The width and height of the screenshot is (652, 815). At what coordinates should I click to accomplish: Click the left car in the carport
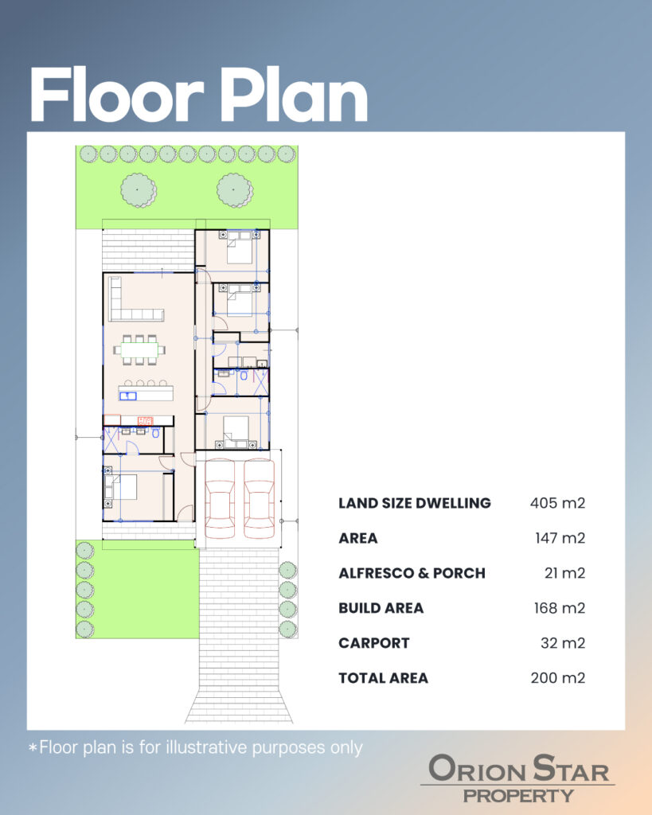[x=220, y=498]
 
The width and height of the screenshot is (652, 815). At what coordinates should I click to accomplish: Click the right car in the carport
[x=259, y=498]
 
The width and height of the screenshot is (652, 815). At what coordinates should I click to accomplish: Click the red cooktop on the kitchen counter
[x=145, y=420]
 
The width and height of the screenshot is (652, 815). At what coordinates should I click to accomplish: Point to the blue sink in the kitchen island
[x=128, y=396]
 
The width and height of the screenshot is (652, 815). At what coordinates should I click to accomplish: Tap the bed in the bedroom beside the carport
[x=236, y=432]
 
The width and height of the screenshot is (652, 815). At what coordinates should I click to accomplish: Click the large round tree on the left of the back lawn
[x=139, y=190]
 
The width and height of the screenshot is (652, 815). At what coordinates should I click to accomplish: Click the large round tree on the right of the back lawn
[x=235, y=190]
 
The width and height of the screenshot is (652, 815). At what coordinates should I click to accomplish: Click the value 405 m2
[x=557, y=503]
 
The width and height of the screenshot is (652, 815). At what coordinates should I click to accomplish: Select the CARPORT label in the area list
[x=374, y=643]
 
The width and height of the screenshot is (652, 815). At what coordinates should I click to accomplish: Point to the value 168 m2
[x=560, y=608]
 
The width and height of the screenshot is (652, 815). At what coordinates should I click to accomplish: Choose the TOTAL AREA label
[x=383, y=678]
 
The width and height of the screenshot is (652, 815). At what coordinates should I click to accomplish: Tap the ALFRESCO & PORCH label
[x=412, y=573]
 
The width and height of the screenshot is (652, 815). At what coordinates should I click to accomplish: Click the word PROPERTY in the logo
[x=518, y=796]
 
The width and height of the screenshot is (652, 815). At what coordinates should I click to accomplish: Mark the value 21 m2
[x=564, y=573]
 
